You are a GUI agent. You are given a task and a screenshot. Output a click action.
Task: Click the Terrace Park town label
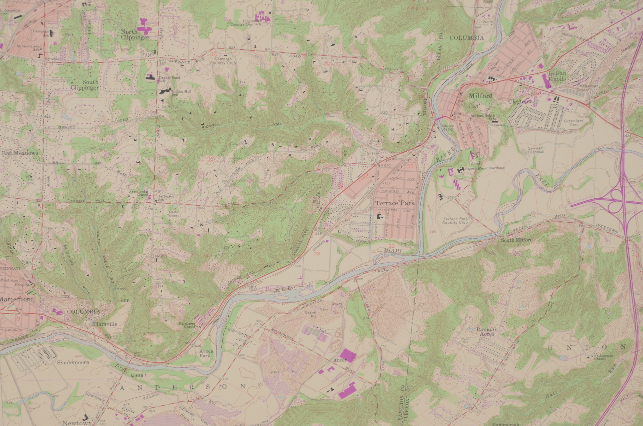click(395, 203)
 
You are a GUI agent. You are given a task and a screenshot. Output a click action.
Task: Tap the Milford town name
click(481, 96)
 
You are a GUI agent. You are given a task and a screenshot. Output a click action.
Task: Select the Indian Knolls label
click(557, 76)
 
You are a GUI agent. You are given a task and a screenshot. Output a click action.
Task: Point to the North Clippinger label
click(135, 34)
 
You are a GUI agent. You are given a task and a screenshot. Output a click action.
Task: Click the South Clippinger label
click(85, 85)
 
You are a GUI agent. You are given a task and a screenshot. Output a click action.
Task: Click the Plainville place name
click(105, 324)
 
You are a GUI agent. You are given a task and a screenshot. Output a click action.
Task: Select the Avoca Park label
click(206, 353)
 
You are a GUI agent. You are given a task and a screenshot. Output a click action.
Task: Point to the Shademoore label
click(73, 362)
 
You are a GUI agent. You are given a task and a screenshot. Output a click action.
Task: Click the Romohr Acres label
click(487, 332)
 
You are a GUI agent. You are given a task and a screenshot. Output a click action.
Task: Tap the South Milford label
click(516, 240)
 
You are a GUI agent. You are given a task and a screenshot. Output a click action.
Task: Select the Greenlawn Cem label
click(574, 122)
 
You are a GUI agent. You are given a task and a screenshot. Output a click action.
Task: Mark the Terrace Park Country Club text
click(455, 221)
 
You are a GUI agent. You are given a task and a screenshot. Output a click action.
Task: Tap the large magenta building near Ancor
click(348, 355)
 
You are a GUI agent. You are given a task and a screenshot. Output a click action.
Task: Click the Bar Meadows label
click(20, 153)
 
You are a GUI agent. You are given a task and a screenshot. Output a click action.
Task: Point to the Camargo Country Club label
click(223, 61)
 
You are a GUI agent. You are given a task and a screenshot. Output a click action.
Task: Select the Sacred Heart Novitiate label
click(485, 168)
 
